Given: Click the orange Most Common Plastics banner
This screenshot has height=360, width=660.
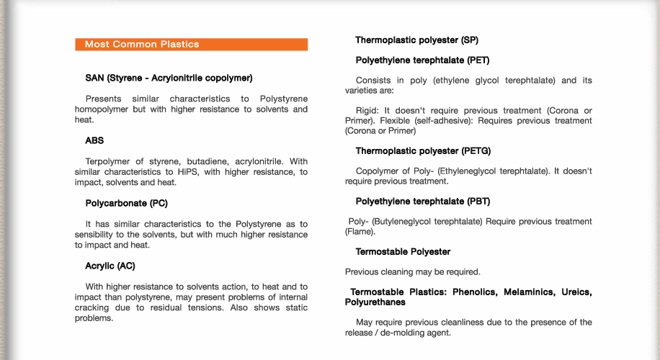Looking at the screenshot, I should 191,45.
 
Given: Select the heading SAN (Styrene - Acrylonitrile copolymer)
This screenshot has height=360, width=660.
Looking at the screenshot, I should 169,78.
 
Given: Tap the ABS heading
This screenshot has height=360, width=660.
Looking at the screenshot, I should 94,141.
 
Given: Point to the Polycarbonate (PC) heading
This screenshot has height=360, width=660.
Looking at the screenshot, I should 126,204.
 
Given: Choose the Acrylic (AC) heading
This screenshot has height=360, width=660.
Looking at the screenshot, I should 110,266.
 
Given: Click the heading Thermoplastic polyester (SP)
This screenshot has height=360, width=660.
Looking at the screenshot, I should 416,40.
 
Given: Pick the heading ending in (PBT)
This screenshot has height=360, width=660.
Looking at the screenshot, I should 422,202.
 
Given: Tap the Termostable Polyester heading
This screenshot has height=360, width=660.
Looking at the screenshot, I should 403,252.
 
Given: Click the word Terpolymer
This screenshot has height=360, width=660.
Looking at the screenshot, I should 109,161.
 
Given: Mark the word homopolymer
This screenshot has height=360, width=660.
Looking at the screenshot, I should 102,109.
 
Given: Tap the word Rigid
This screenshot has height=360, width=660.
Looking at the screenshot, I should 367,111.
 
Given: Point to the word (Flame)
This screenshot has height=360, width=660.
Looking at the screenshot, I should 360,232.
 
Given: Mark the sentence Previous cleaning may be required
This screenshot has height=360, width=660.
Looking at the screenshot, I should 412,272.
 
